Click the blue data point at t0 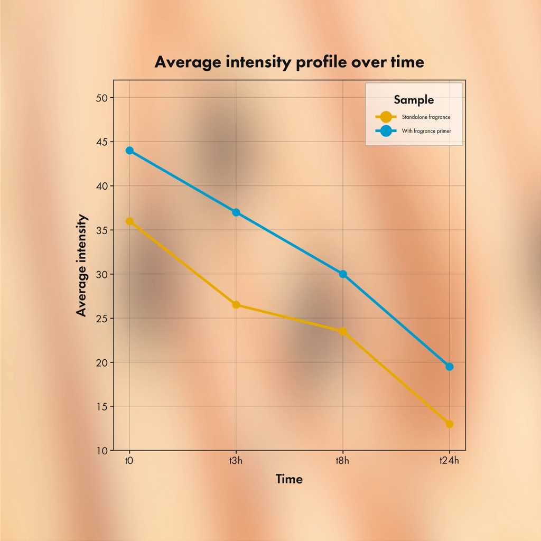point(129,151)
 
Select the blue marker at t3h point(236,212)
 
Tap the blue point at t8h point(342,274)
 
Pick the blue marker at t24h point(449,367)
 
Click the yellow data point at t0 point(129,221)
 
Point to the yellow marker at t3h point(236,305)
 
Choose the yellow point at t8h point(342,331)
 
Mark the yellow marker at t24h point(449,424)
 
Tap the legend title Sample point(414,100)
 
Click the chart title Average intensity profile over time point(289,62)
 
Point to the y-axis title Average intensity point(81,265)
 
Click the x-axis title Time point(289,479)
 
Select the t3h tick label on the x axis point(236,461)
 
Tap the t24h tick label point(449,461)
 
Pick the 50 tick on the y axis point(102,98)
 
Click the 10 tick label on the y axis point(102,451)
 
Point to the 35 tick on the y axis point(102,230)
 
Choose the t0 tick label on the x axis point(129,461)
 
